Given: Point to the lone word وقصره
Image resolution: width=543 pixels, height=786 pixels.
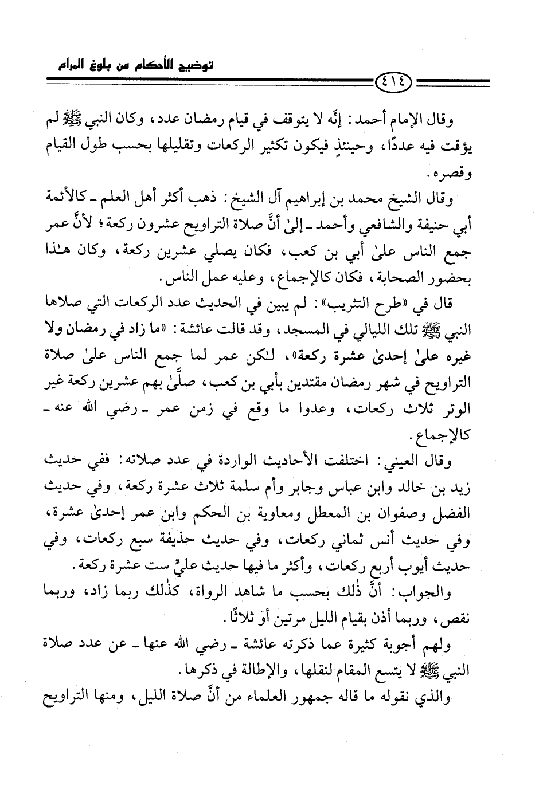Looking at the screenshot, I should (468, 175).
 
